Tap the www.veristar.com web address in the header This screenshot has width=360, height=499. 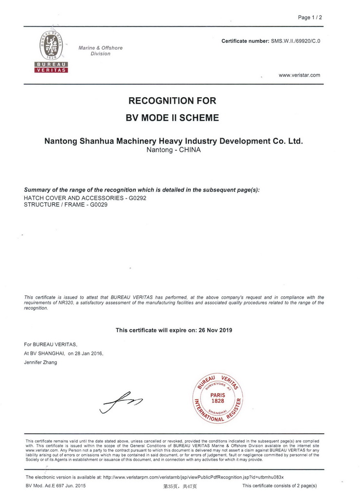click(299, 75)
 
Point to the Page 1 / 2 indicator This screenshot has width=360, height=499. click(310, 18)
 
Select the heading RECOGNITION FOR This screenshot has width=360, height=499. click(172, 101)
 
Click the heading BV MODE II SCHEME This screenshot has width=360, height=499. click(172, 118)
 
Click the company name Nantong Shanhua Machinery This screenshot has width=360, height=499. click(174, 141)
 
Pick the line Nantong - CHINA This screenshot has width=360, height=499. click(174, 150)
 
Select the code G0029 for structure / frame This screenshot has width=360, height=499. click(99, 205)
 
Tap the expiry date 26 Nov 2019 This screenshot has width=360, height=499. click(216, 330)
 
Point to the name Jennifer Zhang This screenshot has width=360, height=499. click(40, 362)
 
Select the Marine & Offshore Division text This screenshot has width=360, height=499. click(100, 51)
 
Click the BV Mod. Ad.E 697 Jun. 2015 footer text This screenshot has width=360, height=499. click(55, 486)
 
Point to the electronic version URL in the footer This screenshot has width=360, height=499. click(193, 477)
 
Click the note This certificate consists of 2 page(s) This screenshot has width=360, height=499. click(279, 486)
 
